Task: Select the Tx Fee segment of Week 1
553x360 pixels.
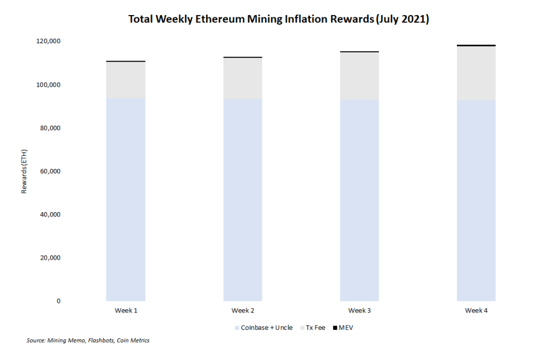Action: (x=126, y=80)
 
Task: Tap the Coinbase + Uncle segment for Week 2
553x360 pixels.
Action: (x=242, y=200)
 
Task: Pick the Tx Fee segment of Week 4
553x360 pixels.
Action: (x=476, y=73)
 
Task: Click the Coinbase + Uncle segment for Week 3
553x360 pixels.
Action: (x=359, y=200)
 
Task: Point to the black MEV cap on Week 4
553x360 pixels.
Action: (x=476, y=45)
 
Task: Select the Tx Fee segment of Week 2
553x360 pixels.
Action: (x=242, y=78)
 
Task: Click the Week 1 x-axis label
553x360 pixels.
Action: (x=126, y=310)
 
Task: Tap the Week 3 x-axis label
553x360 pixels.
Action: (x=359, y=310)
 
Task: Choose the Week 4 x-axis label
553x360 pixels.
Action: (x=476, y=310)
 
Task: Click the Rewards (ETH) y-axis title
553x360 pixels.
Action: (x=24, y=171)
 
